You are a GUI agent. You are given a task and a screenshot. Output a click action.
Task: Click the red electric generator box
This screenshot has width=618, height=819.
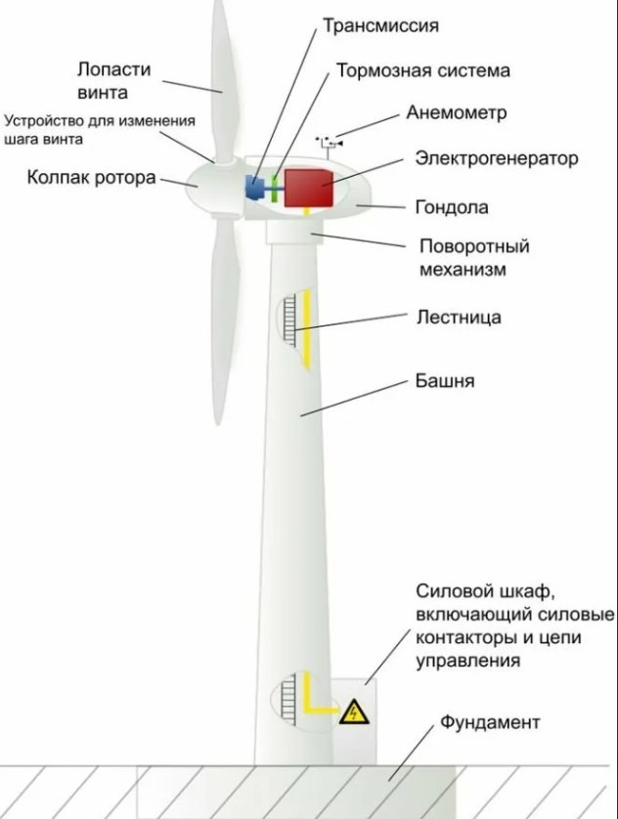pos(309,186)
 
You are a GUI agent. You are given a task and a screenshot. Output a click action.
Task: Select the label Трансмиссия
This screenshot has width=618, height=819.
pos(380,25)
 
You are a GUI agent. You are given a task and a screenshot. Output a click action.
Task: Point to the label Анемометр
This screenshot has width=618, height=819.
pos(457,113)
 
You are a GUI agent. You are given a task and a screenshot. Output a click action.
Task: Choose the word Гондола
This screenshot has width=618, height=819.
pos(452,207)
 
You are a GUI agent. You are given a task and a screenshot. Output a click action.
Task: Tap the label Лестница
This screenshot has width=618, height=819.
pos(459,317)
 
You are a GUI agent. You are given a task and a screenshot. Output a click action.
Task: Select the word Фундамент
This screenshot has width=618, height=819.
pos(490,723)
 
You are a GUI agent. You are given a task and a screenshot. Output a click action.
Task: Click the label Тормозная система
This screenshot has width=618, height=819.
pos(422,70)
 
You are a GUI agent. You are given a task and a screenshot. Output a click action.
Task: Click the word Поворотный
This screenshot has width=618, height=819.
pos(473,245)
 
